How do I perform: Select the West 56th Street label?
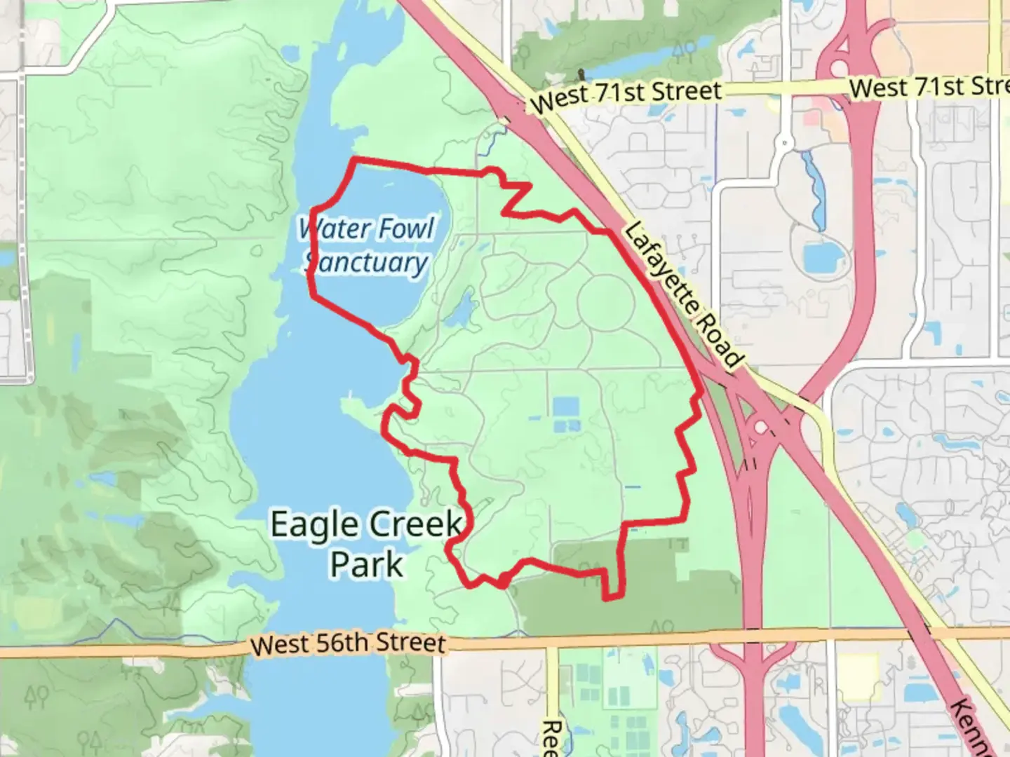coord(348,643)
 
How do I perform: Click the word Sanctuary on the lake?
coord(366,263)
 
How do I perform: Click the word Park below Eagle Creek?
coord(367,564)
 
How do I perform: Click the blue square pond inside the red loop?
coord(566,407)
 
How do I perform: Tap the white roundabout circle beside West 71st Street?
coord(840,69)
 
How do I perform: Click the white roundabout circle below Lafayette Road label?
coord(760,427)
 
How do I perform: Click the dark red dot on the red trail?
coord(504,580)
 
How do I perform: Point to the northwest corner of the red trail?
coord(353,161)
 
